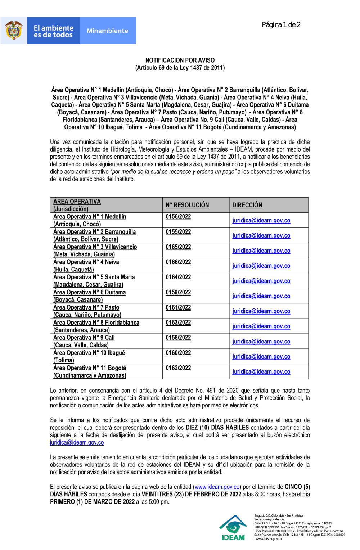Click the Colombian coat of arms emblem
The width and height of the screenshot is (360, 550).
(14, 31)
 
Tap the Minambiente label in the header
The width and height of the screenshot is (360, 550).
(107, 31)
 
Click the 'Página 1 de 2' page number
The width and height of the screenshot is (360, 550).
(281, 25)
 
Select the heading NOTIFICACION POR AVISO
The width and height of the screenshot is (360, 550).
(180, 60)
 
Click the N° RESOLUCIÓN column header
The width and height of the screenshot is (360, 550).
(187, 205)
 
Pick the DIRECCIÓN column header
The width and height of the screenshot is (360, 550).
(247, 205)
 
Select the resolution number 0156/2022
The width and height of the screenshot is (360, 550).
(178, 217)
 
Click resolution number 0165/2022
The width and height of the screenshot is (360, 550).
(178, 247)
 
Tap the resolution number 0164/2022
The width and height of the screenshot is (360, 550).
(178, 277)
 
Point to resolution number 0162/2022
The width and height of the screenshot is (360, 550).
(178, 368)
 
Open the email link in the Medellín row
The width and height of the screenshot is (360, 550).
(261, 221)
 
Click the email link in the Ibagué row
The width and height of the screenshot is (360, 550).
(261, 357)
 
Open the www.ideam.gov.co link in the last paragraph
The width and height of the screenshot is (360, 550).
(217, 487)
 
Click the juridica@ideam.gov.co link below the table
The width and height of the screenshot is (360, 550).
(77, 443)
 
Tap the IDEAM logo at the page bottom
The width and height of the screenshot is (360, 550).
(233, 528)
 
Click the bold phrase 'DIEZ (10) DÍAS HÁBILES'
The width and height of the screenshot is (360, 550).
(217, 428)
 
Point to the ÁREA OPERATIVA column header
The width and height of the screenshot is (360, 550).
(77, 202)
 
